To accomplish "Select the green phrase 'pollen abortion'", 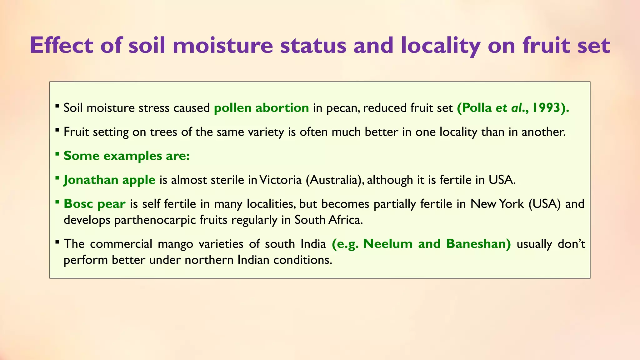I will [261, 108].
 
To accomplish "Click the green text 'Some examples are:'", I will [127, 156].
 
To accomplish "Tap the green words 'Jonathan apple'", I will [109, 180].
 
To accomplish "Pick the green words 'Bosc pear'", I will [94, 204].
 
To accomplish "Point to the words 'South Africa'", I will [328, 220].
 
